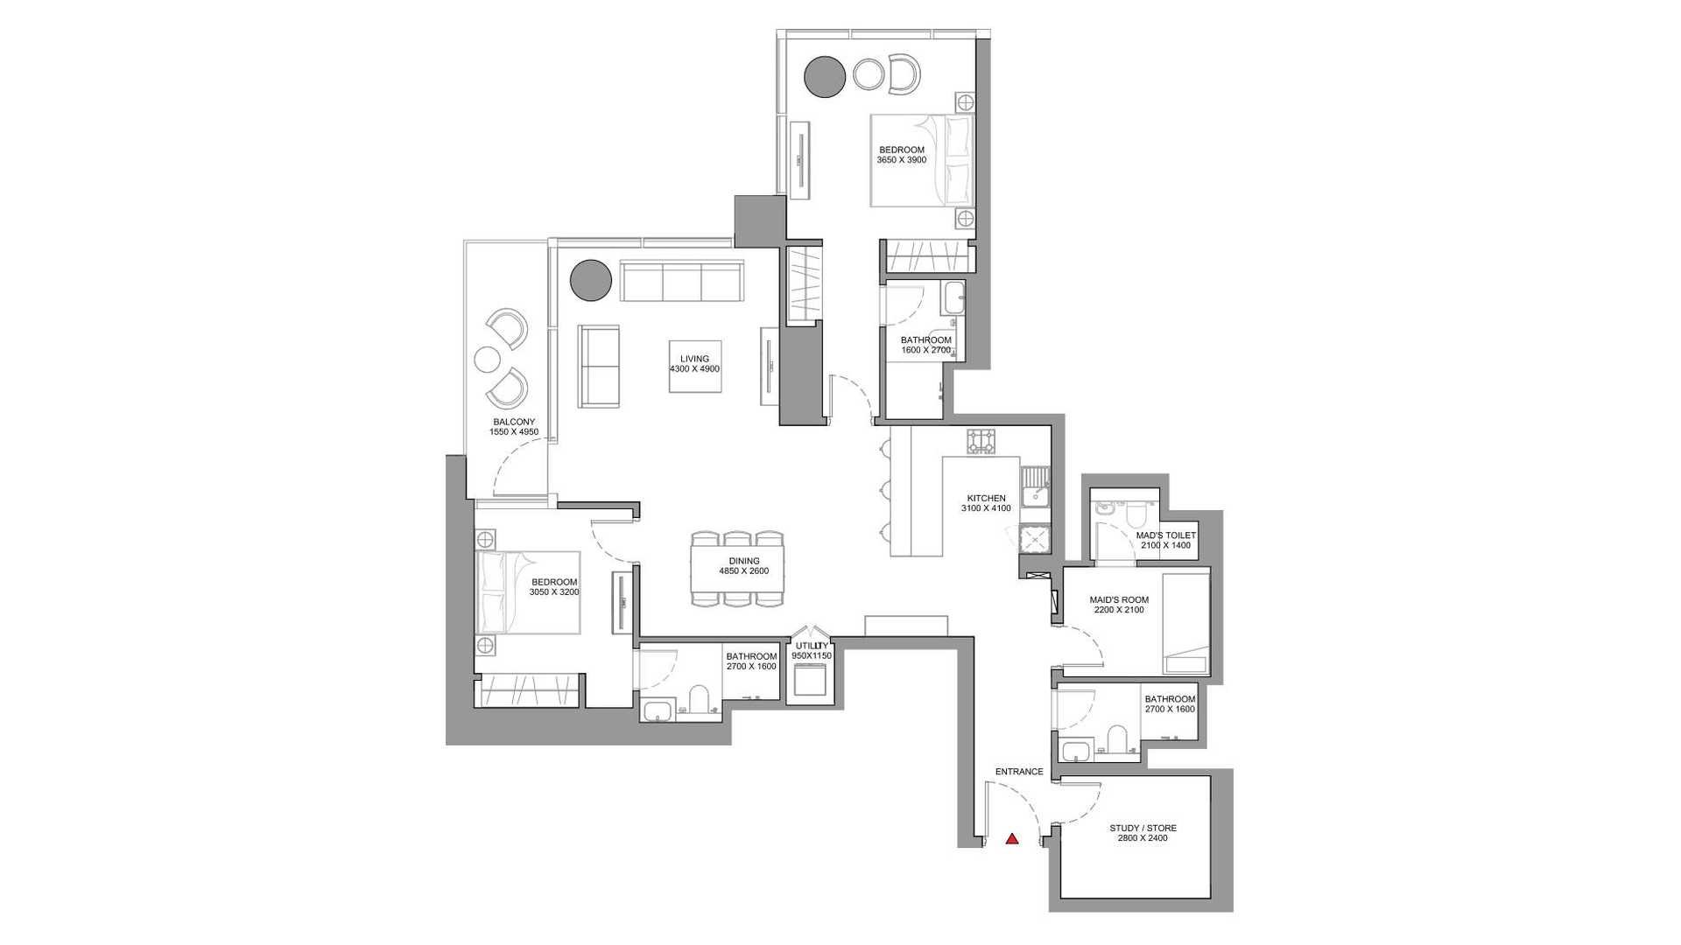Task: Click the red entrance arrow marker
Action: pyautogui.click(x=1012, y=838)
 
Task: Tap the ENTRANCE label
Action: pyautogui.click(x=1019, y=772)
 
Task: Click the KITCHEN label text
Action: pyautogui.click(x=986, y=499)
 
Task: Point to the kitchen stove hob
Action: pyautogui.click(x=981, y=441)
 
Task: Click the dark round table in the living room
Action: pyautogui.click(x=591, y=280)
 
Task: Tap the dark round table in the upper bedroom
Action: pyautogui.click(x=825, y=77)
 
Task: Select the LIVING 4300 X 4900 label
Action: pyautogui.click(x=694, y=364)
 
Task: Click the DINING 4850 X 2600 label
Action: pyautogui.click(x=744, y=566)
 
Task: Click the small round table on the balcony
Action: pyautogui.click(x=487, y=360)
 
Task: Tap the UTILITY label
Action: pyautogui.click(x=812, y=646)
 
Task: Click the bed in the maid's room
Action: pyautogui.click(x=1186, y=623)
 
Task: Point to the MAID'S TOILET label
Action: pyautogui.click(x=1166, y=535)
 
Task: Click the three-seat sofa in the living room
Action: pyautogui.click(x=682, y=281)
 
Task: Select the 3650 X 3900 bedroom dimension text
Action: pyautogui.click(x=902, y=160)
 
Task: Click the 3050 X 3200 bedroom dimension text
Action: pyautogui.click(x=554, y=592)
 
